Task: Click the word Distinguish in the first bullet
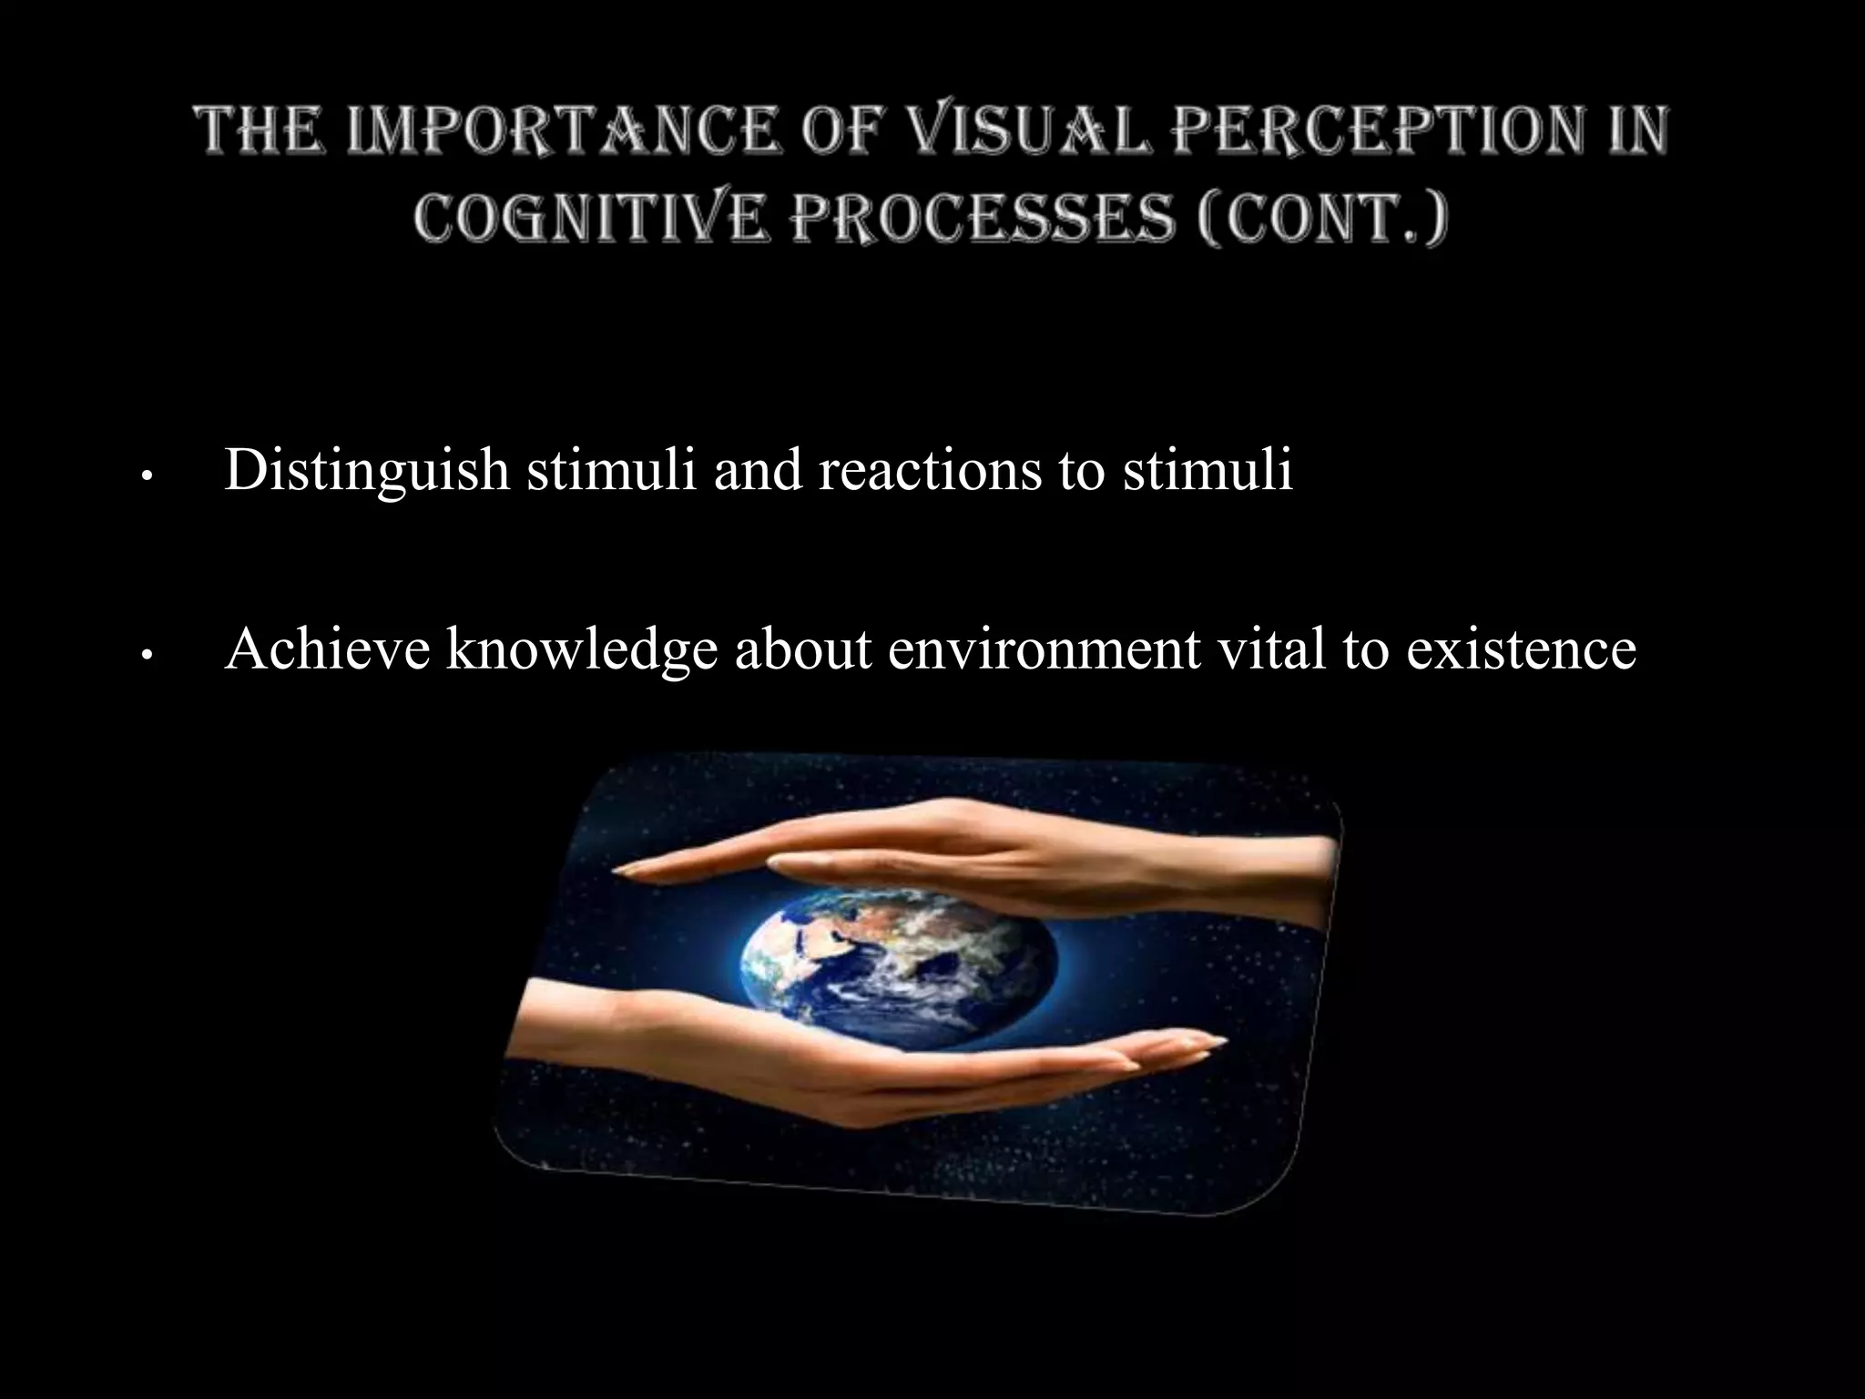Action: pyautogui.click(x=366, y=471)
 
